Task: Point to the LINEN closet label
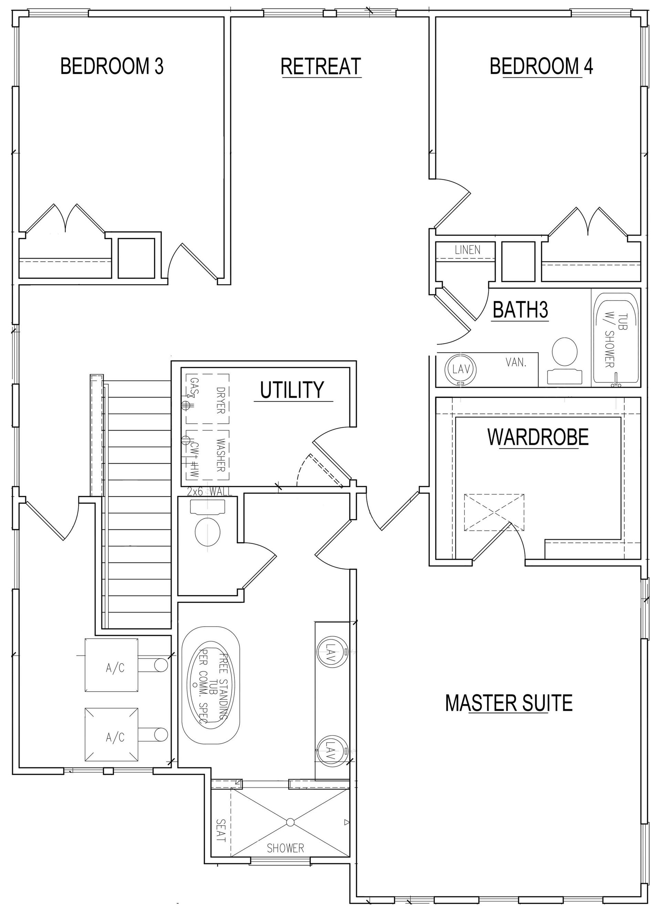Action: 468,250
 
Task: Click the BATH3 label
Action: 521,310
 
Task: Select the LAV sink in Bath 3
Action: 461,369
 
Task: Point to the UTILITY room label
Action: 292,390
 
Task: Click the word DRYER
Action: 220,400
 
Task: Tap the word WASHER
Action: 220,455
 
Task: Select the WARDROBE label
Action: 538,437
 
